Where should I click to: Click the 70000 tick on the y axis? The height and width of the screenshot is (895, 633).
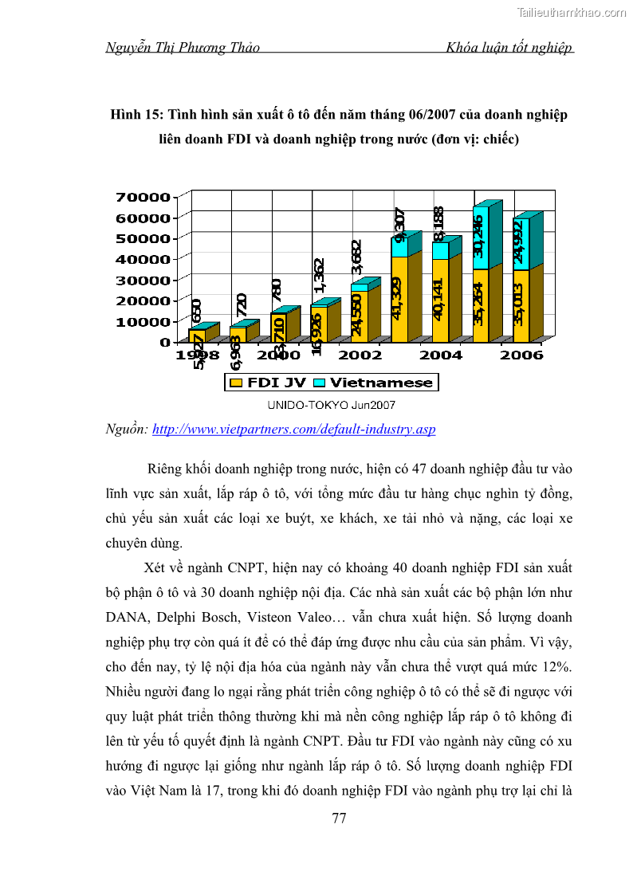(x=143, y=197)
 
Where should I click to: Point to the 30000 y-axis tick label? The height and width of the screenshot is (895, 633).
(x=143, y=280)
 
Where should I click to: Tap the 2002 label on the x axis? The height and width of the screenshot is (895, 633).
(x=360, y=355)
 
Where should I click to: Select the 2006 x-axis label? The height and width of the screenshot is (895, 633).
(x=521, y=355)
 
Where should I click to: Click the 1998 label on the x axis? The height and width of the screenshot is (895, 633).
(x=198, y=355)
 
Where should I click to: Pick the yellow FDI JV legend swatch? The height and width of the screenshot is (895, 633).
(x=236, y=383)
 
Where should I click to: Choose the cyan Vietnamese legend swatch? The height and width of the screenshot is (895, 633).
(x=319, y=383)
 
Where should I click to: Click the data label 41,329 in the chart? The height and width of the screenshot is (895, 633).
(x=398, y=298)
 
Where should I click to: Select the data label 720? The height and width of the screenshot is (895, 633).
(x=241, y=305)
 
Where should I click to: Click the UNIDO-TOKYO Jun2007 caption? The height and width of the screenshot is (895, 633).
(x=331, y=405)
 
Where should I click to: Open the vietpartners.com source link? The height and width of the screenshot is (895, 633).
(x=293, y=429)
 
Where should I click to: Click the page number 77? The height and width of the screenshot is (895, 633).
(x=338, y=818)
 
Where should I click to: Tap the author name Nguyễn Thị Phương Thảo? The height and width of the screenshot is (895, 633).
(x=183, y=48)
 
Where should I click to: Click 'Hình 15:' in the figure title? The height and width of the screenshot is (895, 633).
(x=136, y=116)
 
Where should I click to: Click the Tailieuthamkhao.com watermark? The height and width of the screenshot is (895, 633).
(x=572, y=12)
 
